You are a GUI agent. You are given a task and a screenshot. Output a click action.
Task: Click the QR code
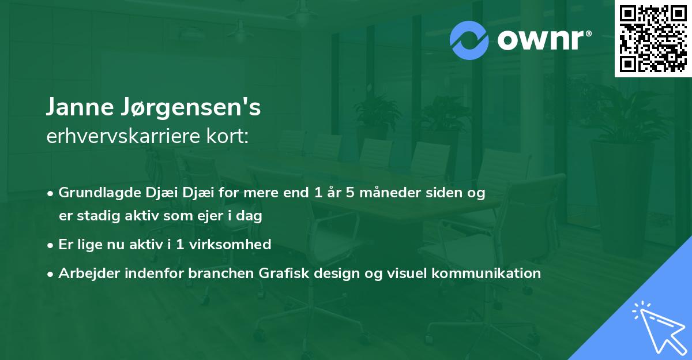[653, 39]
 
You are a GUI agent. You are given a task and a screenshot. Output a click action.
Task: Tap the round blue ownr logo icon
[469, 40]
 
